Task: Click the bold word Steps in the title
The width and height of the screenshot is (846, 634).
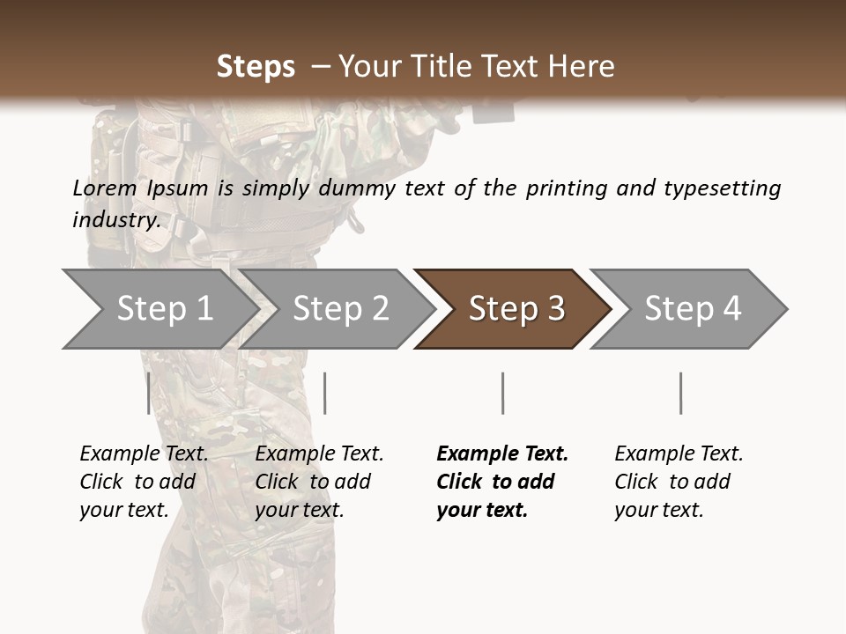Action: click(x=256, y=67)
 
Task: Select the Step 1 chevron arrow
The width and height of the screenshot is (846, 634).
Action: click(x=159, y=309)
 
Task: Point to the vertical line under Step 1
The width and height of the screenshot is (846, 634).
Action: click(x=148, y=393)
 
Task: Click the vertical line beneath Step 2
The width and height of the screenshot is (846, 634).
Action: click(x=325, y=393)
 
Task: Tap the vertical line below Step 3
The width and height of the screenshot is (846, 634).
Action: click(x=502, y=393)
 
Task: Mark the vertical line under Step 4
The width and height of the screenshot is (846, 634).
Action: click(x=680, y=393)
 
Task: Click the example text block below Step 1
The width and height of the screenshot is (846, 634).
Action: click(x=143, y=482)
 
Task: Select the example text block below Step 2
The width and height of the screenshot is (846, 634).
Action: click(x=318, y=482)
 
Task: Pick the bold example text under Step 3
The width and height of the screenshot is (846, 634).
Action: click(x=501, y=482)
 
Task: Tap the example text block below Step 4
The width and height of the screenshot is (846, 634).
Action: click(x=678, y=482)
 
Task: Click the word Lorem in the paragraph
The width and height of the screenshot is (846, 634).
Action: click(x=104, y=188)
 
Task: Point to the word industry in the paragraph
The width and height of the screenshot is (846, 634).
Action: click(x=115, y=220)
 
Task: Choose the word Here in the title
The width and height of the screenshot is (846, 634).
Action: click(x=585, y=67)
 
